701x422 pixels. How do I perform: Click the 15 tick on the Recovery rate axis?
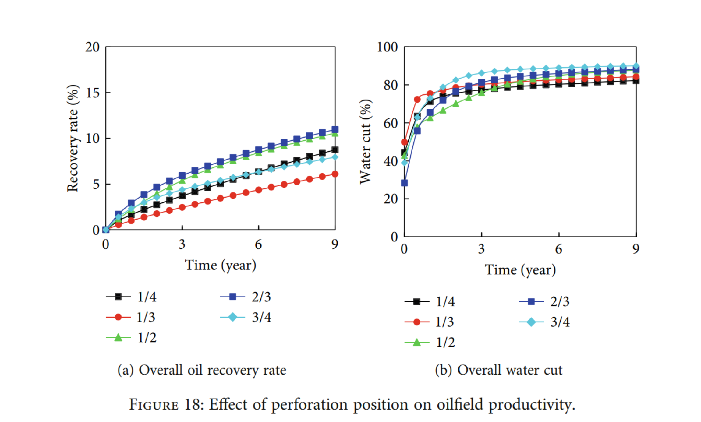pos(93,93)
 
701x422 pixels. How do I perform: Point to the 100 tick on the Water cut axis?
pos(387,47)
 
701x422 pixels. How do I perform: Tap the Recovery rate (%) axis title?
pos(73,139)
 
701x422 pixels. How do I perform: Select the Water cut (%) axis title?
pos(365,142)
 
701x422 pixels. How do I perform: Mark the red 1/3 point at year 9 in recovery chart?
pos(335,174)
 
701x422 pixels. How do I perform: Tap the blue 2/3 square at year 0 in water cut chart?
pos(404,183)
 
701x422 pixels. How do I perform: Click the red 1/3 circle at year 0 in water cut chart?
pos(404,142)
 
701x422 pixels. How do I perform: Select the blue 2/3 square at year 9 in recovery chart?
pos(335,129)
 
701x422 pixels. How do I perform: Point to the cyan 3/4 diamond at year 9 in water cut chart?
pos(636,66)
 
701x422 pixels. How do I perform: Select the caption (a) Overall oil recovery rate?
pos(202,370)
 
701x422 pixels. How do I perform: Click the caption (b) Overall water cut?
pos(498,370)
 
